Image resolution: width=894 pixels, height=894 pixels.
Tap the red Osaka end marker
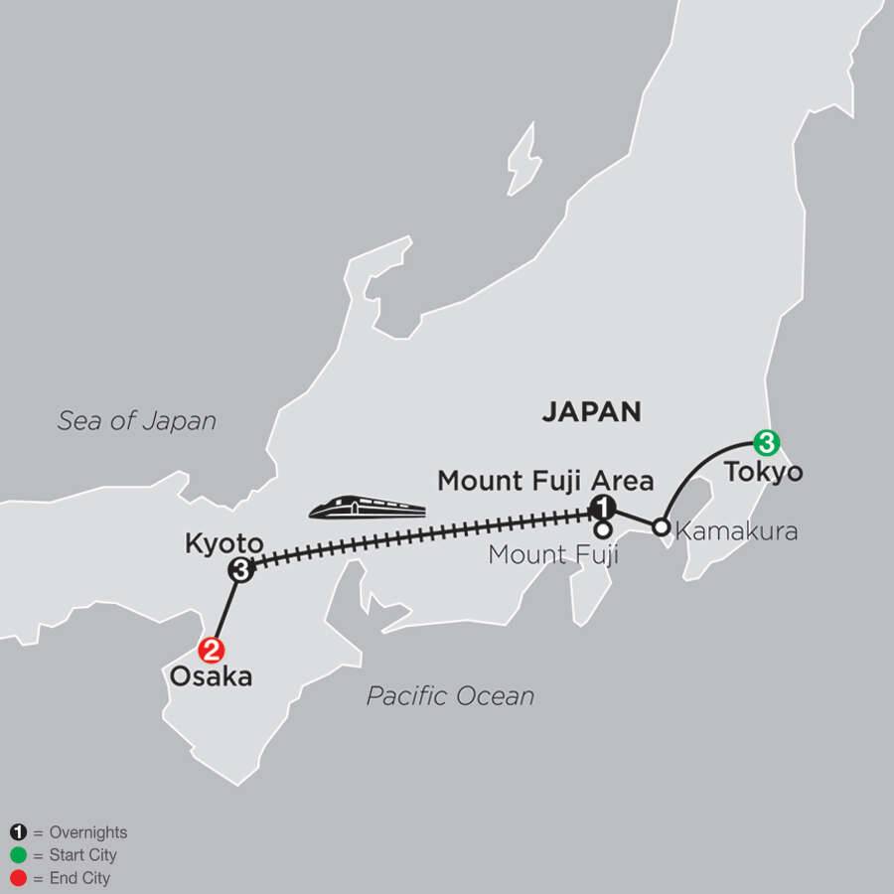click(211, 652)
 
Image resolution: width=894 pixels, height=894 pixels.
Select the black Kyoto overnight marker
click(240, 570)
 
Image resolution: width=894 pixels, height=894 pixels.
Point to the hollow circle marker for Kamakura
click(660, 526)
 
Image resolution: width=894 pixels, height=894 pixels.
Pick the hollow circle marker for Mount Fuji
click(602, 529)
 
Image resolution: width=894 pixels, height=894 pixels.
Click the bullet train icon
click(367, 509)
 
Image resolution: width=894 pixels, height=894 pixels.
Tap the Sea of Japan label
click(136, 420)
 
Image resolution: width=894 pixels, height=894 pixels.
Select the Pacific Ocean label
click(450, 696)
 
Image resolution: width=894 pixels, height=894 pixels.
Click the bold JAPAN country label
click(591, 412)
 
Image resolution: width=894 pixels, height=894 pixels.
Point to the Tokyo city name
click(763, 472)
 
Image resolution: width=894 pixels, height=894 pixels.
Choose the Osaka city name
click(209, 679)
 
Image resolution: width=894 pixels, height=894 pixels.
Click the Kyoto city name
click(223, 543)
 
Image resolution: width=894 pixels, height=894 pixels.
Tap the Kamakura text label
click(735, 531)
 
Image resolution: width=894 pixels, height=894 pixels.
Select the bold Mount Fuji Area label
click(545, 482)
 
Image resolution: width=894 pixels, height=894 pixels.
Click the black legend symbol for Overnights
click(17, 833)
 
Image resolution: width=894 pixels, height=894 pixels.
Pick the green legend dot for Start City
click(17, 855)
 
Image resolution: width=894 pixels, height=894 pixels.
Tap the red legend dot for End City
click(17, 878)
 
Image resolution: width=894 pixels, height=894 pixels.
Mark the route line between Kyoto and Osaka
click(225, 611)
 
